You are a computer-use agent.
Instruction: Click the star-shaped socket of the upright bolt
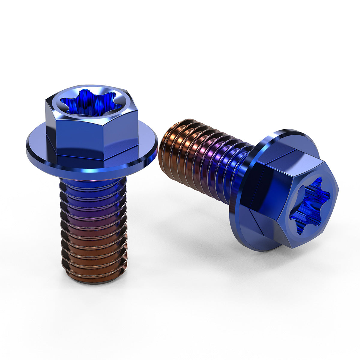pyautogui.click(x=91, y=103)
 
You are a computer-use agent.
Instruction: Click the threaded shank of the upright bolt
pyautogui.click(x=93, y=228)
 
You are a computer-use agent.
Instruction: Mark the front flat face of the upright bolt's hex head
pyautogui.click(x=81, y=136)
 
